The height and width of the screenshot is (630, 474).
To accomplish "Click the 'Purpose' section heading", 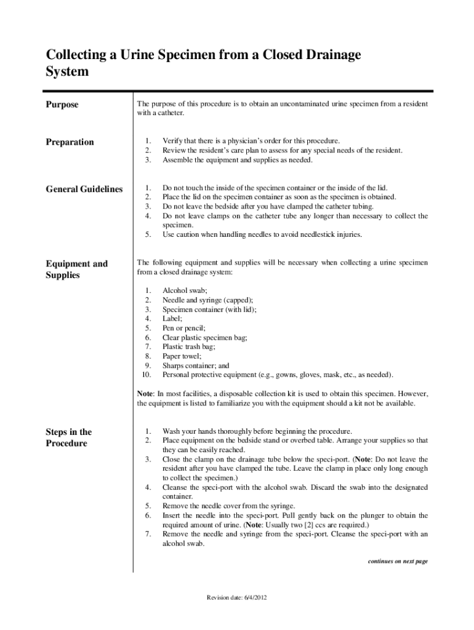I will pyautogui.click(x=62, y=105).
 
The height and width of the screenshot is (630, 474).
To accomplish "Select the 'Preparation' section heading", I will pyautogui.click(x=70, y=142).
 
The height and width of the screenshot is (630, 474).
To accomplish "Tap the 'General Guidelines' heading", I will pyautogui.click(x=84, y=189).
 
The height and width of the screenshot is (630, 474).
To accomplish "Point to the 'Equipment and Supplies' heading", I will pyautogui.click(x=76, y=269).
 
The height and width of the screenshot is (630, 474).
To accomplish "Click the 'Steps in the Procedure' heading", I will pyautogui.click(x=68, y=437).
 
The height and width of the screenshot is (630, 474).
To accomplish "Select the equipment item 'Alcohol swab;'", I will pyautogui.click(x=185, y=290).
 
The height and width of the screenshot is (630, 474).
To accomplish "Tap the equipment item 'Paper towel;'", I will pyautogui.click(x=182, y=356).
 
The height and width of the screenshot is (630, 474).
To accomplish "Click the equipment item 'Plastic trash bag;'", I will pyautogui.click(x=188, y=346).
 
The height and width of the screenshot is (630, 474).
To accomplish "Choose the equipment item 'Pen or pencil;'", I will pyautogui.click(x=183, y=328).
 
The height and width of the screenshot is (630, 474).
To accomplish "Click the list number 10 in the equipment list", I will pyautogui.click(x=147, y=374).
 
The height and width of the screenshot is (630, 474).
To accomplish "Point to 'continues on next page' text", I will pyautogui.click(x=397, y=561).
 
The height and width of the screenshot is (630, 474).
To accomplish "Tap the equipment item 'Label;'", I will pyautogui.click(x=172, y=319).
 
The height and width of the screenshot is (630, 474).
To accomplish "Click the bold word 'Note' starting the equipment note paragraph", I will pyautogui.click(x=145, y=393).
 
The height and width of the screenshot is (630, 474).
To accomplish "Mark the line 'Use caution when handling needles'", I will pyautogui.click(x=262, y=234).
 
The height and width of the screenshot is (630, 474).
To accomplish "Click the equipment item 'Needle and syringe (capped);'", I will pyautogui.click(x=207, y=300).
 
